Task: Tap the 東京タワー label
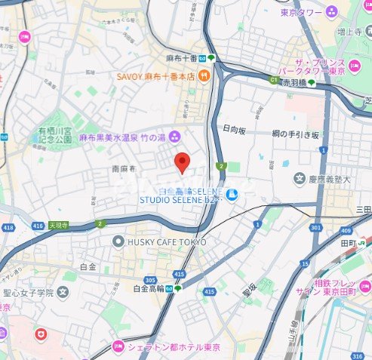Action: pyautogui.click(x=298, y=12)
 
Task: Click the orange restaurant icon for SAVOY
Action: pyautogui.click(x=204, y=75)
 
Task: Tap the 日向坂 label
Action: pyautogui.click(x=236, y=129)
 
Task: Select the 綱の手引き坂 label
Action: pyautogui.click(x=296, y=133)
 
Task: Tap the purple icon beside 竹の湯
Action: pyautogui.click(x=175, y=137)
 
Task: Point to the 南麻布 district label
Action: pyautogui.click(x=122, y=170)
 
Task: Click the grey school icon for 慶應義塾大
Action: pyautogui.click(x=300, y=179)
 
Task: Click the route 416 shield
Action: pyautogui.click(x=38, y=226)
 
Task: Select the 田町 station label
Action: pyautogui.click(x=347, y=243)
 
